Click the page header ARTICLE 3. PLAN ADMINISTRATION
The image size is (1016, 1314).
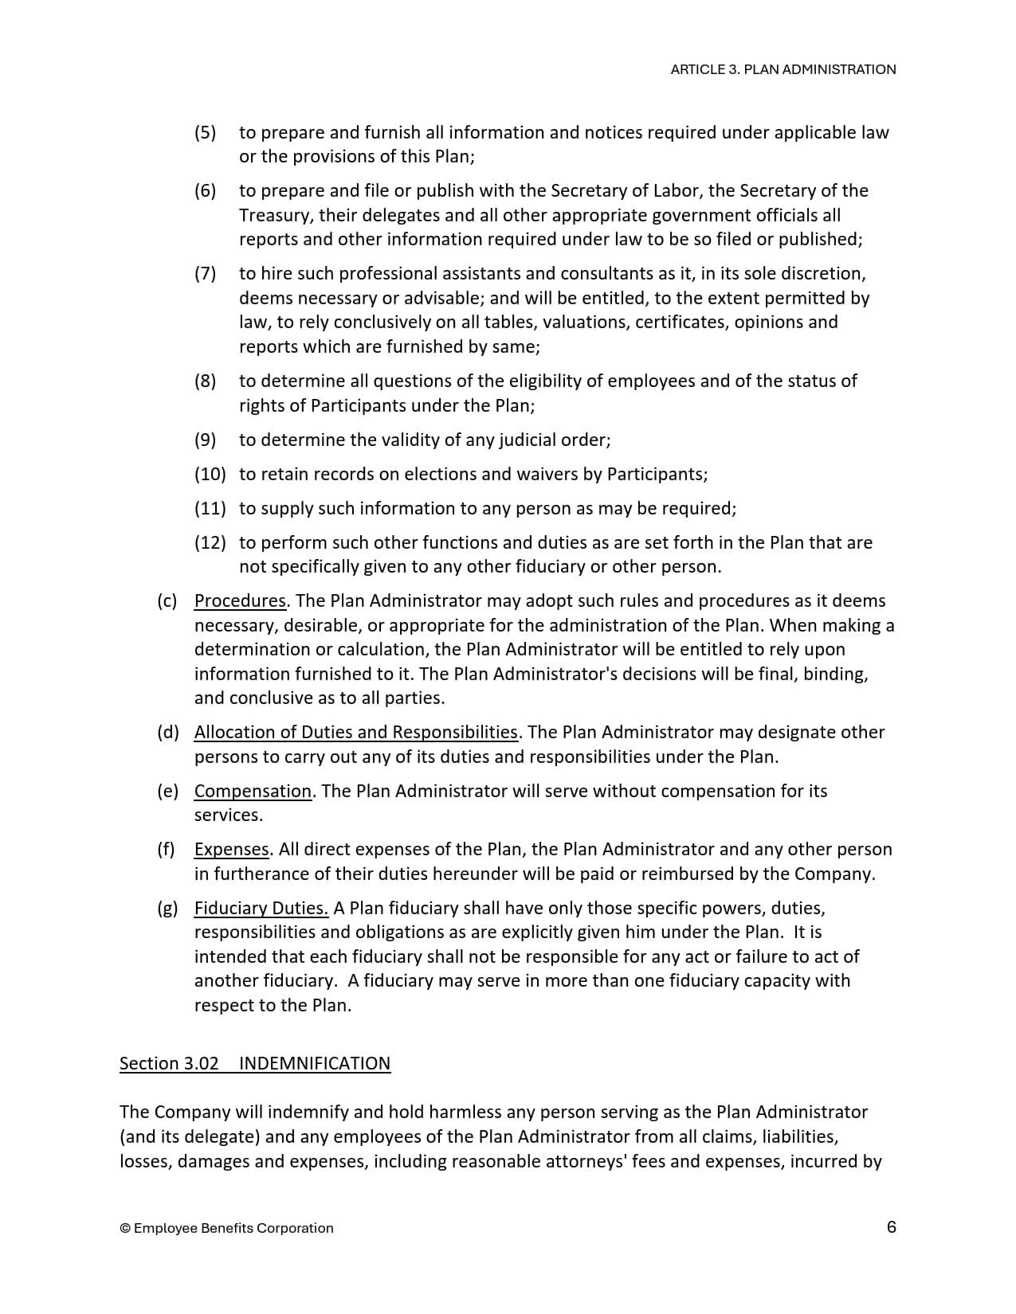click(x=783, y=69)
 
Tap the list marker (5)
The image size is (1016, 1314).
click(x=206, y=132)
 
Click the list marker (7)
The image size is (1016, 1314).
click(x=206, y=273)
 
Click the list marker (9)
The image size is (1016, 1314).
click(x=206, y=440)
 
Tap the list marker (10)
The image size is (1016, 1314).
click(x=210, y=474)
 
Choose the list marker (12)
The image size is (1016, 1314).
click(x=210, y=542)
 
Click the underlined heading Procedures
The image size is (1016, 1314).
click(x=240, y=600)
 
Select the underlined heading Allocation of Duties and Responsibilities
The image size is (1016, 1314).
click(x=356, y=732)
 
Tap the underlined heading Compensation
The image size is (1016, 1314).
click(x=253, y=791)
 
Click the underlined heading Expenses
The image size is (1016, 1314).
click(x=232, y=849)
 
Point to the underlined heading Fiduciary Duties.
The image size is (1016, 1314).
click(x=261, y=908)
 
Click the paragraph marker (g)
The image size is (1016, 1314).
click(x=167, y=908)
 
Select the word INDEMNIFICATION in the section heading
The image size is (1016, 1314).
click(x=315, y=1063)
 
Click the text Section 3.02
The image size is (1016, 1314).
click(x=169, y=1063)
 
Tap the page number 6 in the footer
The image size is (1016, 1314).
click(x=891, y=1226)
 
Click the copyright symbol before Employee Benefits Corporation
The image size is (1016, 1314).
click(x=125, y=1228)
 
